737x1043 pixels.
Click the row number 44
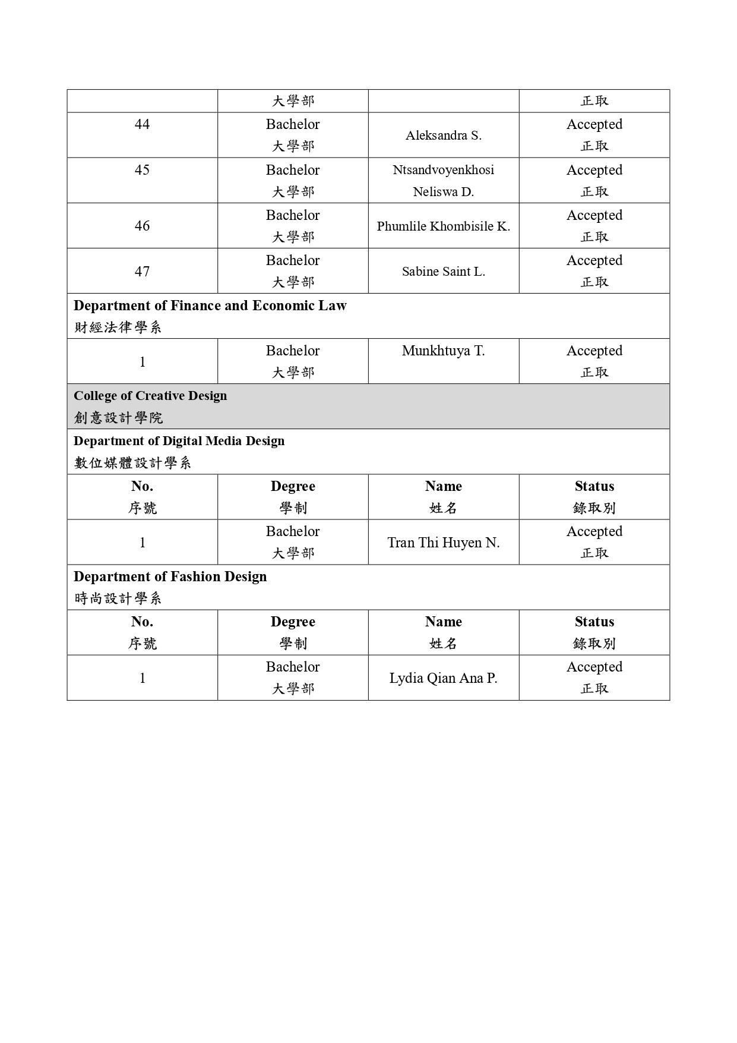[x=142, y=124]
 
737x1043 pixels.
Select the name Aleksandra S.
[x=443, y=136]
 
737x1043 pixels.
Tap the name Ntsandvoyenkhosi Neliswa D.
[x=443, y=181]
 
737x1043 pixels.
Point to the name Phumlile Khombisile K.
[x=443, y=226]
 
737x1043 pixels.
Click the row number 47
[x=142, y=272]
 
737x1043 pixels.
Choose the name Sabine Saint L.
[x=443, y=272]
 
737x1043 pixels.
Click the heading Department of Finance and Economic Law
[x=210, y=305]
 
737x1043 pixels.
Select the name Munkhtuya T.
[x=443, y=351]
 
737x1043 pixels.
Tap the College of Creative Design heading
[x=150, y=396]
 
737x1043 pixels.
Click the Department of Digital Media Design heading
[x=179, y=441]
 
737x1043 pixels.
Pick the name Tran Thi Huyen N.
[x=443, y=543]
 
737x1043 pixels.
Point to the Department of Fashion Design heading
[x=170, y=576]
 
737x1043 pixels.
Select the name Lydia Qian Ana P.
[x=443, y=678]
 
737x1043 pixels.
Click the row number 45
[x=142, y=170]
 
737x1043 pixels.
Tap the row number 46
[x=142, y=226]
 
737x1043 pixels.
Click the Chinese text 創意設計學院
[x=118, y=418]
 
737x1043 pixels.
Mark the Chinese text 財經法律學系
[x=118, y=327]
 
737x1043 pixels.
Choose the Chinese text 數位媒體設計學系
[x=132, y=463]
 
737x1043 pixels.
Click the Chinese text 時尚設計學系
[x=118, y=598]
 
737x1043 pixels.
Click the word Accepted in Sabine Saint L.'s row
[x=594, y=260]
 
